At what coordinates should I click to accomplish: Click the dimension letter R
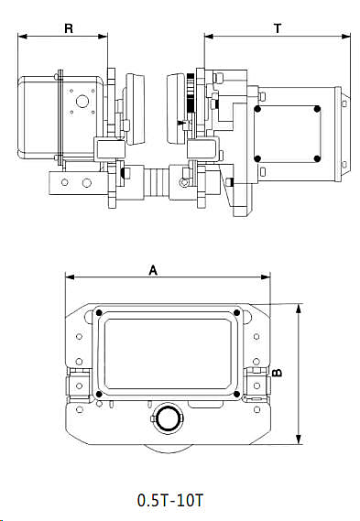68,28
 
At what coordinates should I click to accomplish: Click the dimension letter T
278,28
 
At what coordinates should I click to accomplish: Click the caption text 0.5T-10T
169,500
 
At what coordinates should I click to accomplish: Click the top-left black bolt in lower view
99,314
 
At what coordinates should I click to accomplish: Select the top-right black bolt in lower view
237,314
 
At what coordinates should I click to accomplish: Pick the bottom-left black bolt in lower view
99,395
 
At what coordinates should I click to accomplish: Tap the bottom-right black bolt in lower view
237,395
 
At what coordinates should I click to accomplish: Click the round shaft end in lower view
168,418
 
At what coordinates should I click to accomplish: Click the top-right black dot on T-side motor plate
317,110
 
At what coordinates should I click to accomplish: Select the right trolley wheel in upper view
176,108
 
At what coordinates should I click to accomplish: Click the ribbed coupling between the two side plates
156,180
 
